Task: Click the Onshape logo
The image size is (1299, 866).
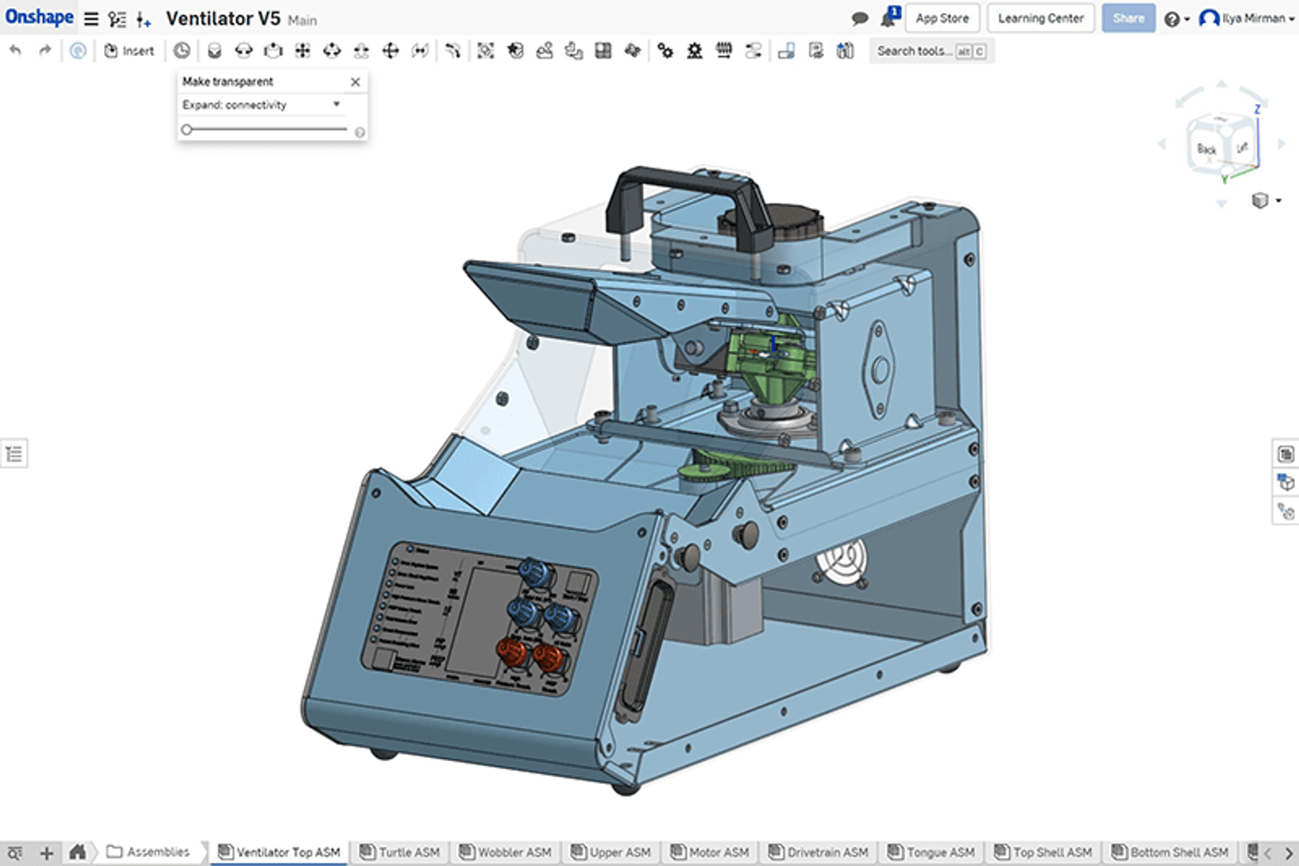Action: [x=39, y=17]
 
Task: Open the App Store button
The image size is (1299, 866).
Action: [x=942, y=18]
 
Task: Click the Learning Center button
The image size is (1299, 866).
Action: [x=1040, y=18]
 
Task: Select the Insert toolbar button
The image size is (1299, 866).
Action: [x=129, y=50]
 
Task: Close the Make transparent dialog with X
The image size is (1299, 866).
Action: [x=355, y=82]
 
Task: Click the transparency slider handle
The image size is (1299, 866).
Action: [x=187, y=129]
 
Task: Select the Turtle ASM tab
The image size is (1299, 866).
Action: [x=401, y=851]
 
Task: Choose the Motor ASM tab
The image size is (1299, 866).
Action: [x=710, y=851]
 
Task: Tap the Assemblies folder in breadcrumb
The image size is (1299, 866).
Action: [x=149, y=851]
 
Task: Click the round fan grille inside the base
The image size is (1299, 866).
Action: [x=841, y=561]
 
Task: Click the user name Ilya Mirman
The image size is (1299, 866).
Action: [x=1253, y=18]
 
